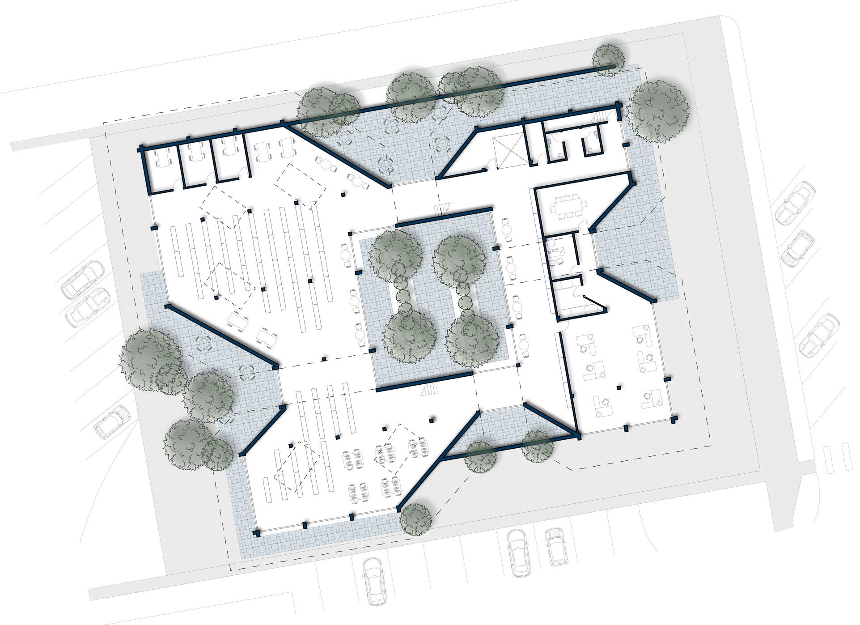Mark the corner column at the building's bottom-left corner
click(256, 533)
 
